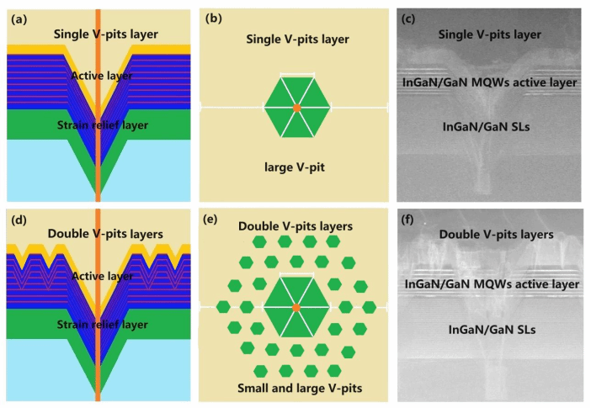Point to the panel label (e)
[x=216, y=221]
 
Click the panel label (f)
[x=410, y=221]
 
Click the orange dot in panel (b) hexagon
[x=296, y=108]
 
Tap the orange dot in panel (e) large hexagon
[x=296, y=309]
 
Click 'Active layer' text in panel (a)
[x=102, y=77]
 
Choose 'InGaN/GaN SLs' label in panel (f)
[x=489, y=330]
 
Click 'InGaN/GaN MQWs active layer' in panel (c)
[x=491, y=82]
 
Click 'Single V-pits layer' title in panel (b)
[x=297, y=39]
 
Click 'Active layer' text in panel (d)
[x=102, y=276]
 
